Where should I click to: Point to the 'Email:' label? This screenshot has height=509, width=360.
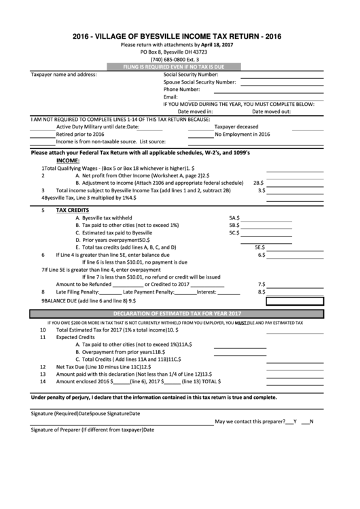[x=170, y=96]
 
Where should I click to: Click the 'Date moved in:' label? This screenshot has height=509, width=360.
[x=195, y=111]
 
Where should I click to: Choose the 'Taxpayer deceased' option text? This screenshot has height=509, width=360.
[x=236, y=126]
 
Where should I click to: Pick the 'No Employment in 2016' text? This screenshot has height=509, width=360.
[x=242, y=134]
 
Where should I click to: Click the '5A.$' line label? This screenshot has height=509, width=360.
[x=234, y=217]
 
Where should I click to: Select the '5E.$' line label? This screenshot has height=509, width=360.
[x=259, y=247]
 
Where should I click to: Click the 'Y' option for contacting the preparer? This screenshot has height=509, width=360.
[x=295, y=422]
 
